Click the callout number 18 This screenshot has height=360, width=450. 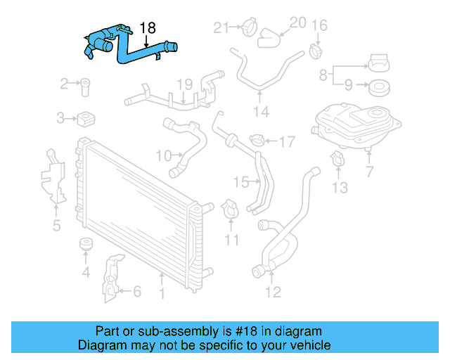[148, 28]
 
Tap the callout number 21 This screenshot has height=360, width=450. [221, 27]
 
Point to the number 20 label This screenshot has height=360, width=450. [297, 22]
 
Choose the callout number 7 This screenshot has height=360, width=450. [370, 172]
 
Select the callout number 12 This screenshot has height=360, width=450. [272, 291]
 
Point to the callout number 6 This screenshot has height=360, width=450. [137, 290]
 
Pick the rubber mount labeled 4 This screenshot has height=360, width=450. [86, 245]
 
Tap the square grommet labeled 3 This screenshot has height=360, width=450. [85, 117]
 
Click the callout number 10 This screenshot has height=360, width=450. [163, 155]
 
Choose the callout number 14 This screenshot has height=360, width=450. [261, 112]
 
